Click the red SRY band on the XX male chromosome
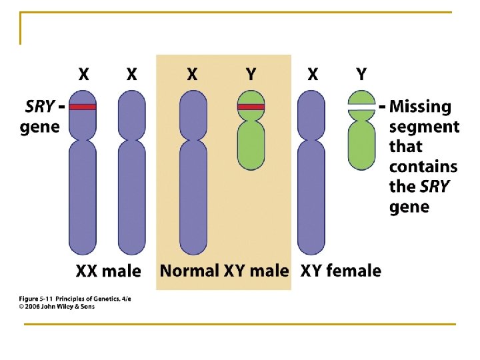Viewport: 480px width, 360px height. (x=83, y=107)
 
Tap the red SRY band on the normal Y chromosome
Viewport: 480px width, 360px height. (x=251, y=107)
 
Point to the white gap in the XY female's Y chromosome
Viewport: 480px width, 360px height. (x=361, y=107)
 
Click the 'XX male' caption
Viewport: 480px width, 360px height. (x=108, y=271)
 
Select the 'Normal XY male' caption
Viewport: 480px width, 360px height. (x=224, y=271)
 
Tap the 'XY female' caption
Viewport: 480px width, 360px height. (x=341, y=271)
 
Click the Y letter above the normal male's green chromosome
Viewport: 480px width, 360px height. (x=251, y=74)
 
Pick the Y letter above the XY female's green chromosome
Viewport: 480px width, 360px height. (x=361, y=74)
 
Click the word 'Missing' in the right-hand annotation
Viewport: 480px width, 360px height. (x=420, y=107)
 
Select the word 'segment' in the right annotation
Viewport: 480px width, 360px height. (x=424, y=127)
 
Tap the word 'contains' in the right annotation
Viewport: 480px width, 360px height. (x=423, y=166)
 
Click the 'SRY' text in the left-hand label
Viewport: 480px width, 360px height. (x=40, y=107)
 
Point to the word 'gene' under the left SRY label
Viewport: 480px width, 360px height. (x=40, y=126)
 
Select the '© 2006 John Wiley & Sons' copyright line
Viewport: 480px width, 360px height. (x=57, y=307)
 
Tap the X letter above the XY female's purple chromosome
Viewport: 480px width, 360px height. (x=312, y=74)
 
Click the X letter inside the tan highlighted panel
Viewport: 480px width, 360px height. (x=192, y=74)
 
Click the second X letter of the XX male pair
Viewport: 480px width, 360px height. (x=132, y=74)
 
